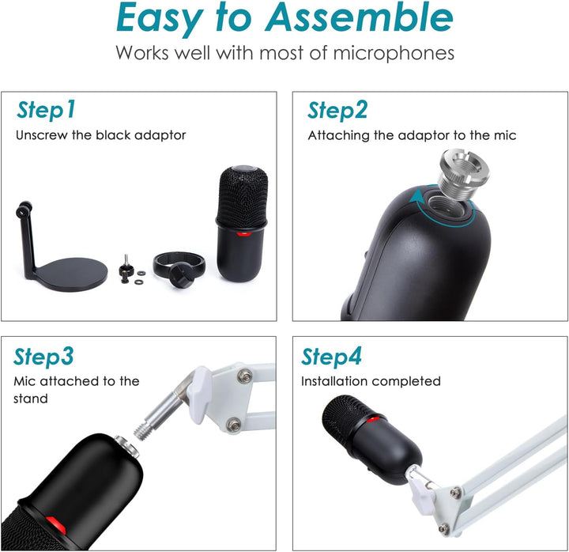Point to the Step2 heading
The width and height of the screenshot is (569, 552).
(337, 110)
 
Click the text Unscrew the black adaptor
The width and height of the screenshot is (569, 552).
(101, 135)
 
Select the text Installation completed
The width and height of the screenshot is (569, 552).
(371, 381)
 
